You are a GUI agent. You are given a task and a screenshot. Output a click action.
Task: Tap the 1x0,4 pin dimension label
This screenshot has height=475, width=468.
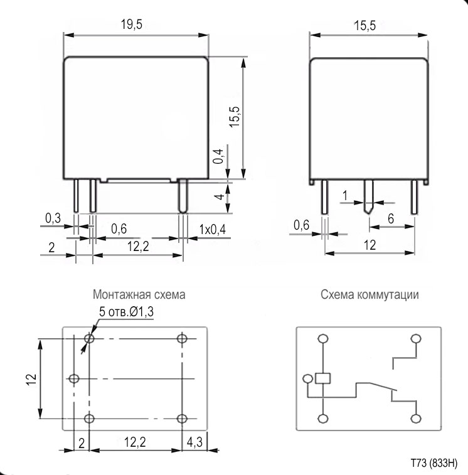pos(211,230)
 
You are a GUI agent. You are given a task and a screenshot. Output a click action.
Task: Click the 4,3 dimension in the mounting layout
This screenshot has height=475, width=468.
pos(194,442)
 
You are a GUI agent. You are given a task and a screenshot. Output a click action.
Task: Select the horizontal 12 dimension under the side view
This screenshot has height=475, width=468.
pos(370,245)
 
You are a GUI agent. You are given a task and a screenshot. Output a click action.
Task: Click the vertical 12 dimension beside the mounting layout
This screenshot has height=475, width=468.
pos(33,378)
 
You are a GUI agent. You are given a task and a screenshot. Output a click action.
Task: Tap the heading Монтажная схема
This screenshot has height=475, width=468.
pos(139,294)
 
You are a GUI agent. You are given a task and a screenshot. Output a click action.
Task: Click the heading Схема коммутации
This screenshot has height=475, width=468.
pos(370,294)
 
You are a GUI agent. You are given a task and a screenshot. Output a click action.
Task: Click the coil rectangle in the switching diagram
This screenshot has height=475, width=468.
pos(323,378)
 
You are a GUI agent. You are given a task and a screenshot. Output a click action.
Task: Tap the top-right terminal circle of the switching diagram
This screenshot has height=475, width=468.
pos(415,339)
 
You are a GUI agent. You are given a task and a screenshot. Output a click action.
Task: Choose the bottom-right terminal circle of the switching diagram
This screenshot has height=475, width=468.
pos(415,419)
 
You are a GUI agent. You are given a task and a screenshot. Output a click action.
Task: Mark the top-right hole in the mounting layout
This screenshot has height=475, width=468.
pos(183,339)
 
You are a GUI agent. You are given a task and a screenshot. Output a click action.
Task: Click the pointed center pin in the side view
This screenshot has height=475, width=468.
pos(368,198)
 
